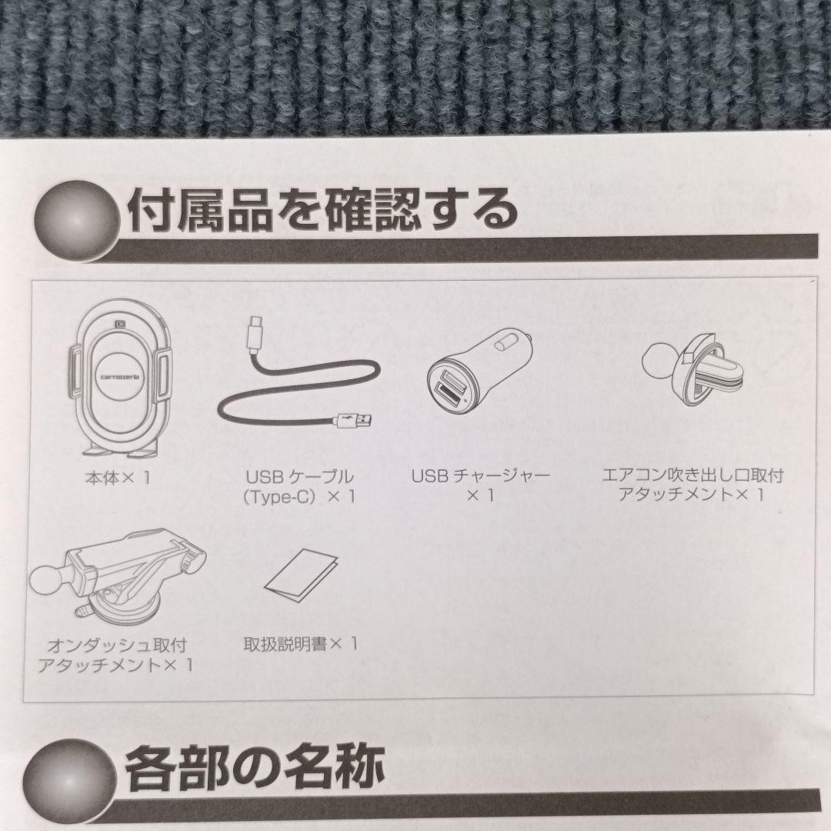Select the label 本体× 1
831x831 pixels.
(x=118, y=478)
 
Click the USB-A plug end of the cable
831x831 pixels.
(x=356, y=420)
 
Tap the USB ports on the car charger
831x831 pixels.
(x=447, y=389)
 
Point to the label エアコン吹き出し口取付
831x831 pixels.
(x=692, y=475)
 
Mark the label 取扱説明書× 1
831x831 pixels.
(x=300, y=644)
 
